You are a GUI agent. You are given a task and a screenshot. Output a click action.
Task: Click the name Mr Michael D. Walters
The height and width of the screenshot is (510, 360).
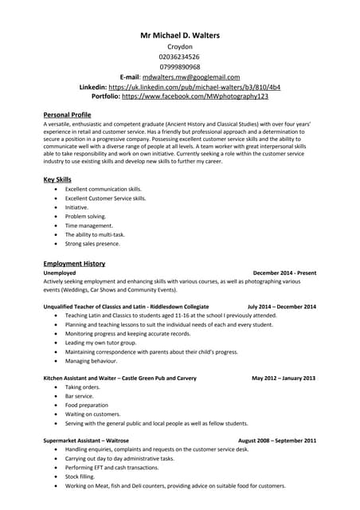point(180,35)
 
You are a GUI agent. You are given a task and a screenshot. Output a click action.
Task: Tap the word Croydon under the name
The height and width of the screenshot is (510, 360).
point(180,47)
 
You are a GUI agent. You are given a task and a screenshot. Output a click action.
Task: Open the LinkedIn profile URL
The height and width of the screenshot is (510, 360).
point(194,86)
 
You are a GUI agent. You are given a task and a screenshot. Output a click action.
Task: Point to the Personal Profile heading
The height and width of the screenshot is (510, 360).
point(67,115)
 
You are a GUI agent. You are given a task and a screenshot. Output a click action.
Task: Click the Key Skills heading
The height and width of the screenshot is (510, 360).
point(57,179)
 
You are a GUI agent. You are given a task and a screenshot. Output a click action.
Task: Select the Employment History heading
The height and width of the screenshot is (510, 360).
point(74,263)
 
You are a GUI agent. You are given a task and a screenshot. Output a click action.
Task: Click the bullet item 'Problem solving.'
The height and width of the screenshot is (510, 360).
point(85,216)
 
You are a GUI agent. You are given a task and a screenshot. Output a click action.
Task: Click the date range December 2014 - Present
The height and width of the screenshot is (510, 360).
point(284,273)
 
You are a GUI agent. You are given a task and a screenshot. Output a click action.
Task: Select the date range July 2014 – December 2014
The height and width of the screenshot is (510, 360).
point(282,306)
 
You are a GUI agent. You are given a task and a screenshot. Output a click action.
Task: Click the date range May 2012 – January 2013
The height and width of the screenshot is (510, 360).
point(284,378)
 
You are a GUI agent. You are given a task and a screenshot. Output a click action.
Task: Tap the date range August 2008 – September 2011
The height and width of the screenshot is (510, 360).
point(277,440)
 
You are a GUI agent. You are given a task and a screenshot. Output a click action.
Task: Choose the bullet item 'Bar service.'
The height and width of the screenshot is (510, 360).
point(80,396)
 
